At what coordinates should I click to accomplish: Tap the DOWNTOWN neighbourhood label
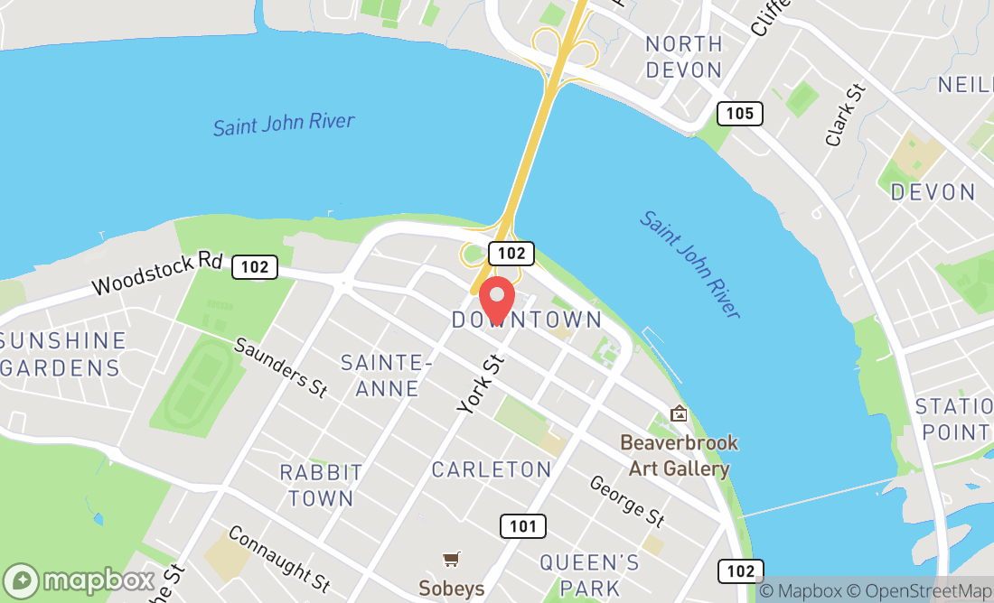point(527,320)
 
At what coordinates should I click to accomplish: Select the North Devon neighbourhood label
point(684,56)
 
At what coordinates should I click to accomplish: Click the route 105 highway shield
point(740,114)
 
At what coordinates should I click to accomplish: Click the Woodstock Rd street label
point(158,274)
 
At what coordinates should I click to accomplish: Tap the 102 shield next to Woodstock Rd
point(254,266)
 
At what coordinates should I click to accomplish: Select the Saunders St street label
point(281,367)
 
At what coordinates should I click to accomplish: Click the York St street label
point(480,385)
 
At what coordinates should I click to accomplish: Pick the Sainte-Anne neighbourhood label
point(380,376)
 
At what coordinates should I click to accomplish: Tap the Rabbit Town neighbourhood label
point(321,485)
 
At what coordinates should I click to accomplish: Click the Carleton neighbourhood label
point(492,469)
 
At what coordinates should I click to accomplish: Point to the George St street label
point(627,501)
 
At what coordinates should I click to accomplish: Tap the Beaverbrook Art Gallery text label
point(679,456)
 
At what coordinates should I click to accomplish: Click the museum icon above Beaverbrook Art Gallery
point(679,413)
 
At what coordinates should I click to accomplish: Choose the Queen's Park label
point(589,575)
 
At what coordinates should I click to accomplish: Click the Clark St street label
point(846,116)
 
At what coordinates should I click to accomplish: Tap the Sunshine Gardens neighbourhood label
point(63,354)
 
